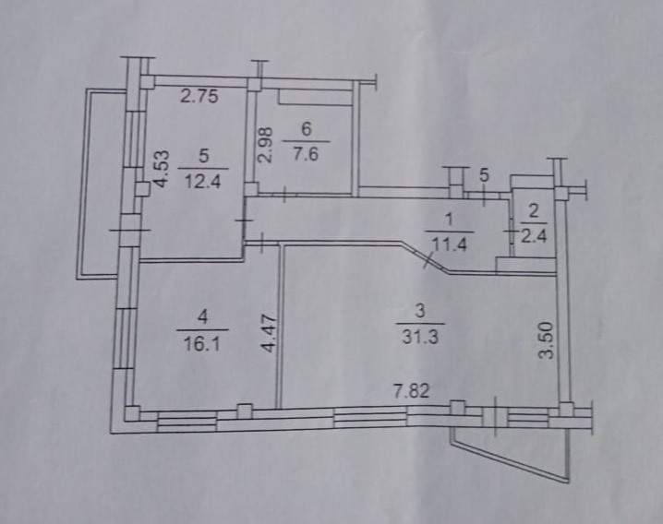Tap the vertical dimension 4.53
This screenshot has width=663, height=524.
point(161,170)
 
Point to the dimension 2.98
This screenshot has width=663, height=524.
point(265,145)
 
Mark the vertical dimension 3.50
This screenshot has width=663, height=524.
point(546,340)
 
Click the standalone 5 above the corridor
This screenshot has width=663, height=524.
point(484,175)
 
